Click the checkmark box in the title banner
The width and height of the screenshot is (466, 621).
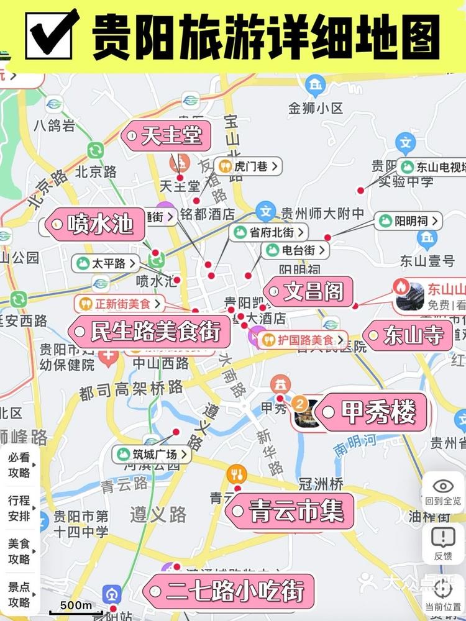pyautogui.click(x=51, y=34)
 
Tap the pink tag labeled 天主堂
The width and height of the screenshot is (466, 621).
pyautogui.click(x=166, y=135)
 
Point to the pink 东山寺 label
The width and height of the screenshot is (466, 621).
pyautogui.click(x=408, y=336)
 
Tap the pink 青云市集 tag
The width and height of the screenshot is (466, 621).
pyautogui.click(x=290, y=511)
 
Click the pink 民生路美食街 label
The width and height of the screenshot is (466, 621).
pyautogui.click(x=149, y=332)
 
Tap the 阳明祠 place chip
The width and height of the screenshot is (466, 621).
pyautogui.click(x=408, y=220)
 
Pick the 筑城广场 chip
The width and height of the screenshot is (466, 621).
pyautogui.click(x=152, y=454)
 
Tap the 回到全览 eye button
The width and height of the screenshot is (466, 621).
pyautogui.click(x=443, y=492)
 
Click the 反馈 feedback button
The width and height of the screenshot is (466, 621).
pyautogui.click(x=443, y=542)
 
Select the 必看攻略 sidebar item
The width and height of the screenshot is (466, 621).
pyautogui.click(x=19, y=465)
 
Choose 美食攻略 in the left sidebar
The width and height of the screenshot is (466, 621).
pyautogui.click(x=19, y=551)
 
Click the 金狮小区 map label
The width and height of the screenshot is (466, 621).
pyautogui.click(x=316, y=108)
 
